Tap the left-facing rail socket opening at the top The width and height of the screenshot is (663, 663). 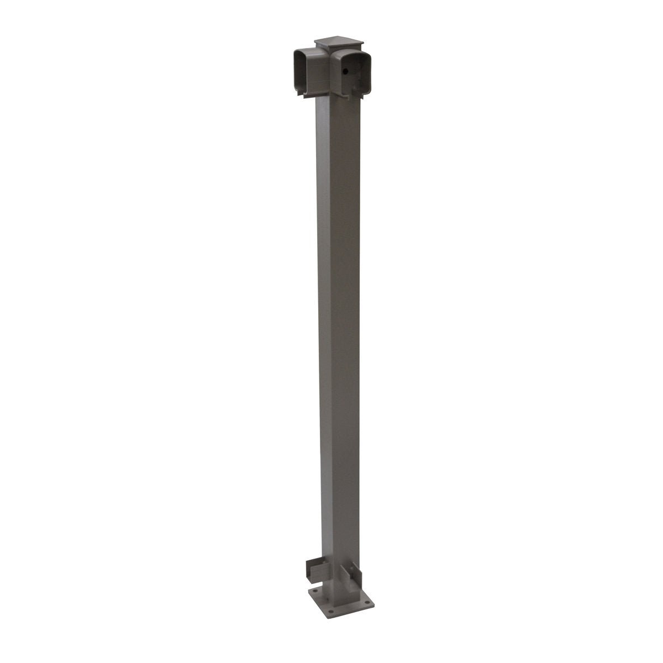pos(302,70)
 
